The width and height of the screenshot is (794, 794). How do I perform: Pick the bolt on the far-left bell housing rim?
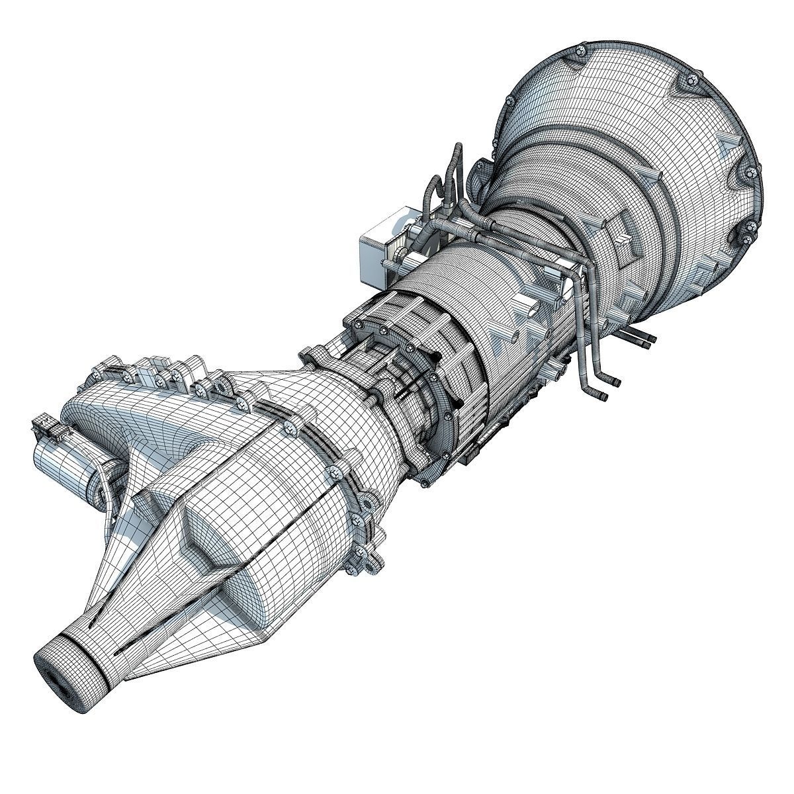(509, 101)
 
